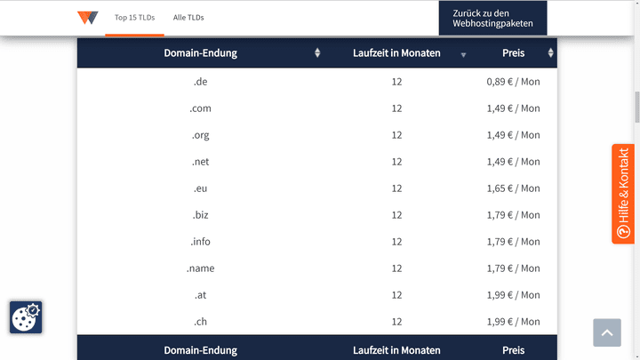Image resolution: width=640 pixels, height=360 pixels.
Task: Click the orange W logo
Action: [87, 18]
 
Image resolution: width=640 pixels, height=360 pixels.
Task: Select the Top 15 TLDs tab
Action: [133, 18]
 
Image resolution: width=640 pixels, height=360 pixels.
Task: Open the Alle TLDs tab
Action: [188, 18]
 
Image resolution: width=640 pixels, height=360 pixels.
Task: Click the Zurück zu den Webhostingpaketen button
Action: [492, 18]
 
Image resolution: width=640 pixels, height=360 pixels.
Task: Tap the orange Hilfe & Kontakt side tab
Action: [623, 194]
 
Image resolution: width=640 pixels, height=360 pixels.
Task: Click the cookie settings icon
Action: [26, 316]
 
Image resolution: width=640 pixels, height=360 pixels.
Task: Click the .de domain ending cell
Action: [200, 82]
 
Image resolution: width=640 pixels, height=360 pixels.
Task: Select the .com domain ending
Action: [200, 108]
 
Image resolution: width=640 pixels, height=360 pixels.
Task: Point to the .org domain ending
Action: [200, 135]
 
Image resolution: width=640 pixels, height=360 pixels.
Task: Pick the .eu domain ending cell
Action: [200, 188]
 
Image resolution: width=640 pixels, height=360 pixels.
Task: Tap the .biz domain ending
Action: [200, 215]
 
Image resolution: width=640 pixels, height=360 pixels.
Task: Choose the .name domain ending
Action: [200, 268]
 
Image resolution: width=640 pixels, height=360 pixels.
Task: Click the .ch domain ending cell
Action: [200, 322]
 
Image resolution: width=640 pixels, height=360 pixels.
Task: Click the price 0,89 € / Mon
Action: [513, 82]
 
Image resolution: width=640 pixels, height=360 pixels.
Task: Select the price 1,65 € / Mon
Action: [513, 188]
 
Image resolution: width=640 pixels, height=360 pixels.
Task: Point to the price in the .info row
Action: [513, 242]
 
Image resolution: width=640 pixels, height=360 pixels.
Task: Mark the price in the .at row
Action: [513, 295]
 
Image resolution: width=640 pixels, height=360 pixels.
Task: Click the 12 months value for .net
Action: [396, 162]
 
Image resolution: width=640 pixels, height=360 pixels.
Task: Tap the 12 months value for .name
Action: [396, 268]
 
